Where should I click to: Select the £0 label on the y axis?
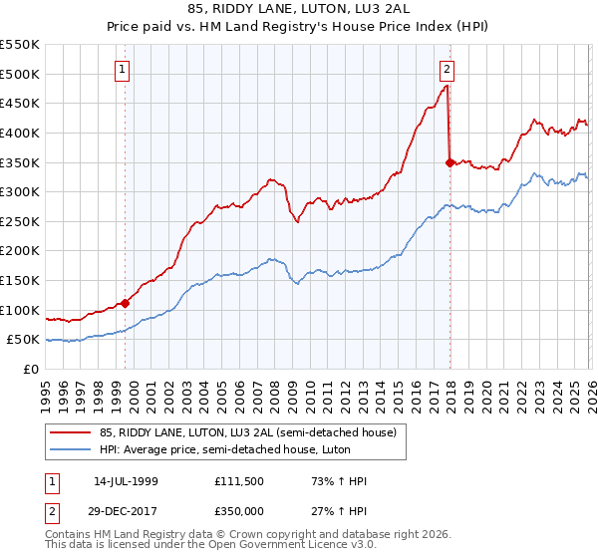[x=31, y=370]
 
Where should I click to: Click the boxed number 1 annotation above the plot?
[x=122, y=70]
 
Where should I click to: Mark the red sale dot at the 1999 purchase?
[x=126, y=303]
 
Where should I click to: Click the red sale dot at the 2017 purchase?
[x=449, y=161]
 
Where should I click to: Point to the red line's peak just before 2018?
[x=447, y=86]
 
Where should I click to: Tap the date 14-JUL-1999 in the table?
[x=127, y=482]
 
